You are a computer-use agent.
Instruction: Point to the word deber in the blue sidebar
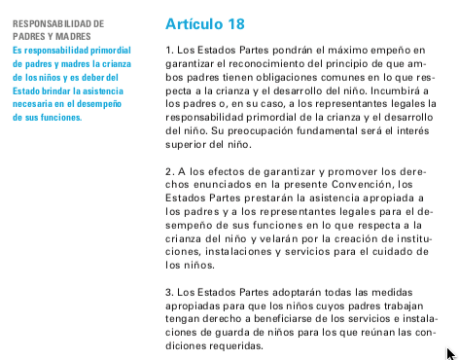[105, 76]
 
